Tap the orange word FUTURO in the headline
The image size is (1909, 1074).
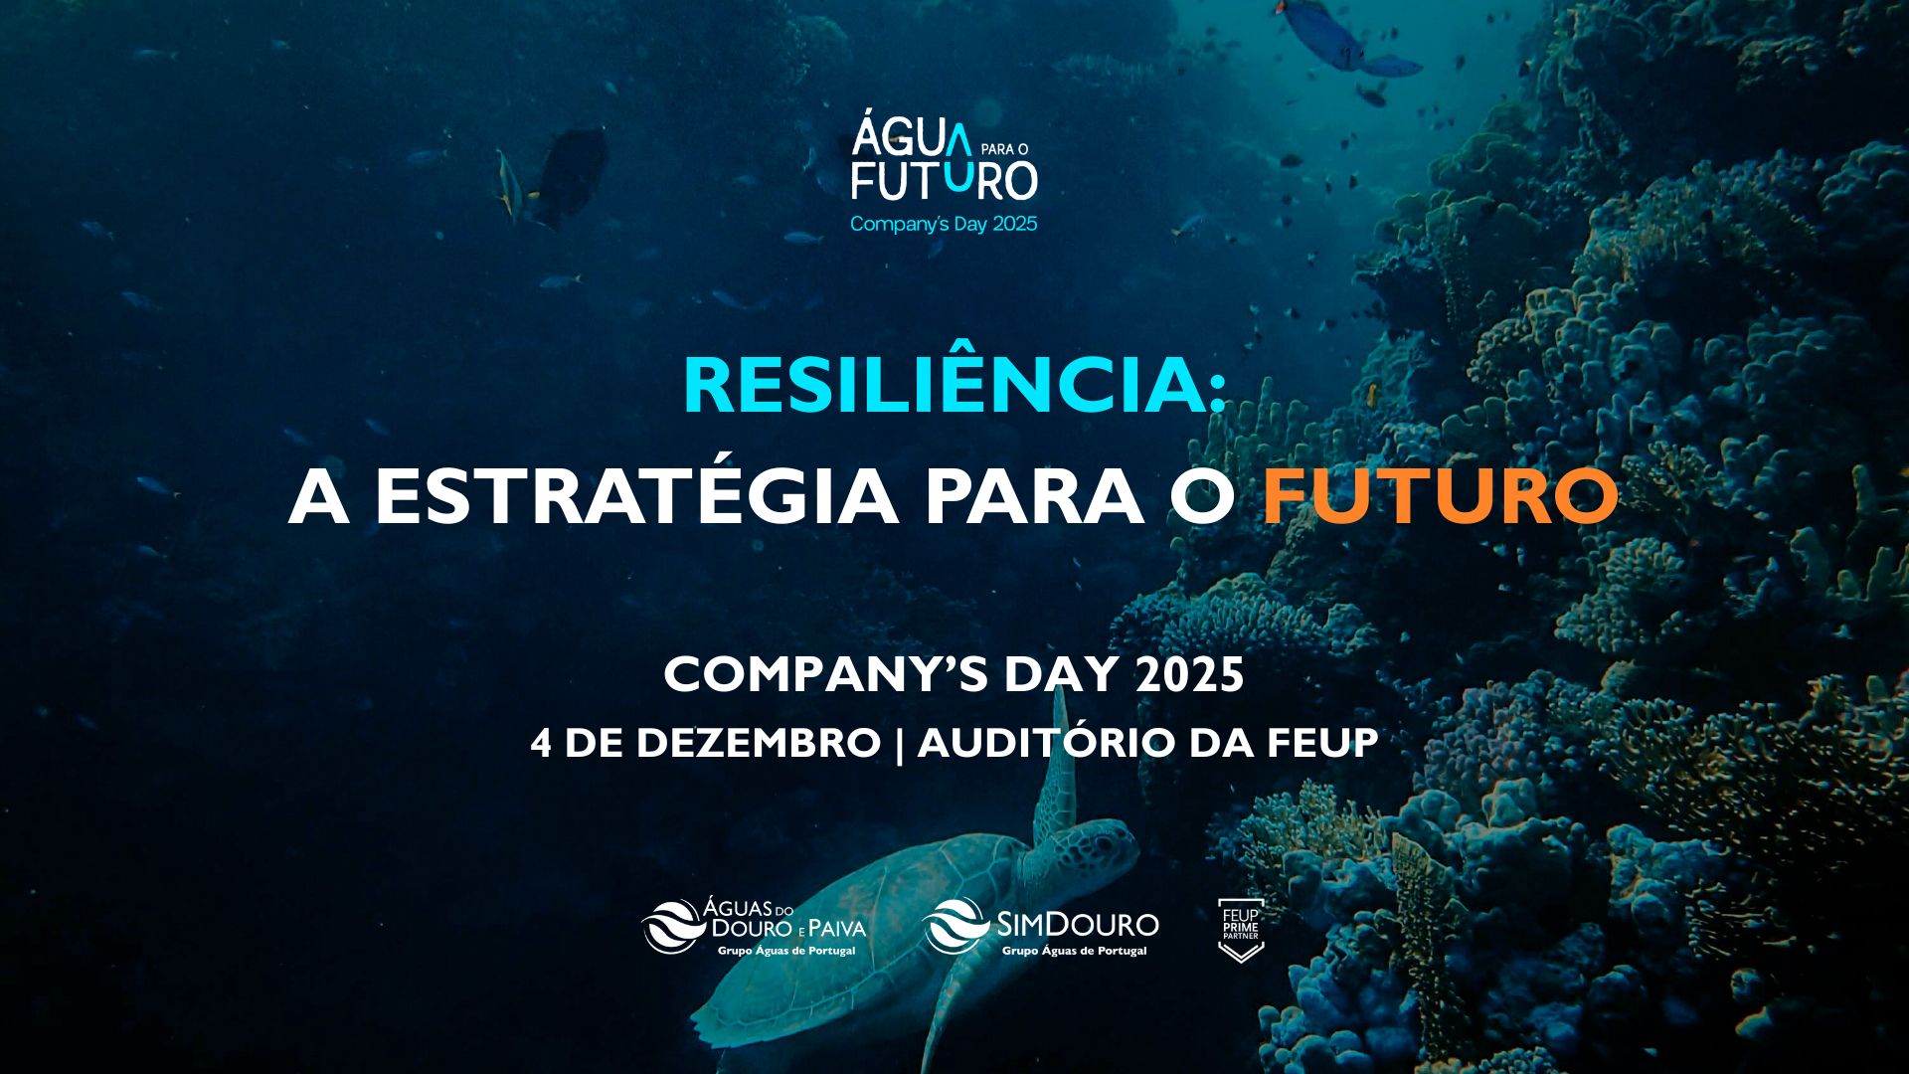point(1440,496)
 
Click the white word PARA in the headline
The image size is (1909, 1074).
point(1034,496)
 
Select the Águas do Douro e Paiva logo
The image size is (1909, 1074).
point(754,927)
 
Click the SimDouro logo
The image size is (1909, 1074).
point(1041,927)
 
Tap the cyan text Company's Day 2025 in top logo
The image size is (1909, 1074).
point(943,224)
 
